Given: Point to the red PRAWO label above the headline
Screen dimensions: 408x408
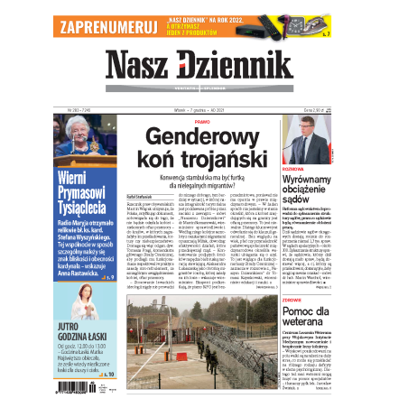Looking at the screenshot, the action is tap(202, 120).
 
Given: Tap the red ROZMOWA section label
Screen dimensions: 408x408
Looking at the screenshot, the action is tap(292, 169).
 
